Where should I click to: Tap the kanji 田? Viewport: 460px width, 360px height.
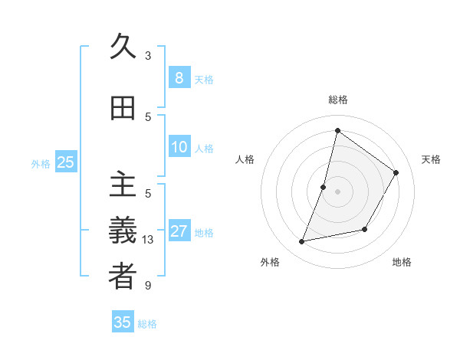123,109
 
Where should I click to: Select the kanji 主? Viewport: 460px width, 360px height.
123,185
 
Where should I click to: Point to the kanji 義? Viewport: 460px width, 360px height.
123,231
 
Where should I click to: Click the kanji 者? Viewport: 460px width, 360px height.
123,277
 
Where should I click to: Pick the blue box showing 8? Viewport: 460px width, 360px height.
179,78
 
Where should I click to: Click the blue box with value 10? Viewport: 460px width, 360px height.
179,147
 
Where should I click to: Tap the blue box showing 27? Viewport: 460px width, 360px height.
179,231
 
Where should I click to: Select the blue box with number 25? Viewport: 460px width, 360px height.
65,162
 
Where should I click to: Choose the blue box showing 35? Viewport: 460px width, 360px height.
123,322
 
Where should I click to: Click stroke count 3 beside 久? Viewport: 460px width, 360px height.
148,56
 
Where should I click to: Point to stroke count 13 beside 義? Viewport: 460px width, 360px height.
148,240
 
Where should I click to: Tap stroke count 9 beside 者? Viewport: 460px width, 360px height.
148,286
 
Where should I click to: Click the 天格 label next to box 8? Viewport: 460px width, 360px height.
204,80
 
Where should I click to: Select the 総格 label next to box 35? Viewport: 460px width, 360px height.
147,324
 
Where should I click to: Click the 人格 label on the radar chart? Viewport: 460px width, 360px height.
245,159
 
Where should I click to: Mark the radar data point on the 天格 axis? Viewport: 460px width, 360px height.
396,172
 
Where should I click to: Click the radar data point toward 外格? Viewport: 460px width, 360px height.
302,242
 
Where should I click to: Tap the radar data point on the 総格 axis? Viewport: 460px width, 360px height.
337,130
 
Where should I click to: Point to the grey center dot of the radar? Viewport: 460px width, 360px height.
337,191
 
